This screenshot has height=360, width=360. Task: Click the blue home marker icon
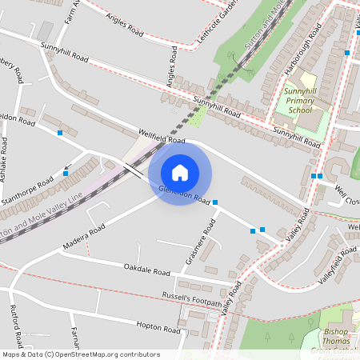180,172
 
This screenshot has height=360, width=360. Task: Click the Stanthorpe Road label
27,190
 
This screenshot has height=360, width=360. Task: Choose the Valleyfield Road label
337,265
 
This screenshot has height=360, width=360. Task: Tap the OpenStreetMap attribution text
80,354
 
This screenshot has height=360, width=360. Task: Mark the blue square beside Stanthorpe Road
66,172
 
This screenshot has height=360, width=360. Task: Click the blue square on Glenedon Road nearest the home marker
215,202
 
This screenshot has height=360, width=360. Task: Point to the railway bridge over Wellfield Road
134,170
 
